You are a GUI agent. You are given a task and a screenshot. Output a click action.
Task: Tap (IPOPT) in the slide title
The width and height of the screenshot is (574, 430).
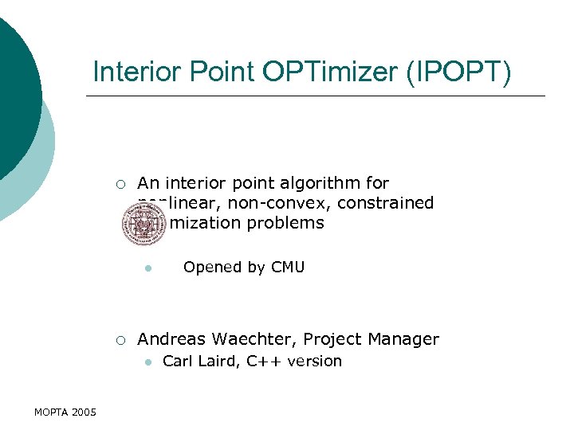click(x=459, y=72)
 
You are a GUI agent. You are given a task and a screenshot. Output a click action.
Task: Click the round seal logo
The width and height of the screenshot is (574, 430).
click(x=143, y=224)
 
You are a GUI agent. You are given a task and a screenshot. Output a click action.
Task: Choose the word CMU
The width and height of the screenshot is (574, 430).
click(x=288, y=268)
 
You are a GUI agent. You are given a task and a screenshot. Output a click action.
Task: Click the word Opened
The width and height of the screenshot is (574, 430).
click(x=212, y=268)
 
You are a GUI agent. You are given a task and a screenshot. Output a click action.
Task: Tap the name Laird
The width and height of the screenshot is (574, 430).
click(x=219, y=362)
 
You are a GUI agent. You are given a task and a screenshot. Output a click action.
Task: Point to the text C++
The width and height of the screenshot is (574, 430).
click(x=264, y=362)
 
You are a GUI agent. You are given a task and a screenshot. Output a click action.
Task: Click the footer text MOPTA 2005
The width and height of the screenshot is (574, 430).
click(x=65, y=412)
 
